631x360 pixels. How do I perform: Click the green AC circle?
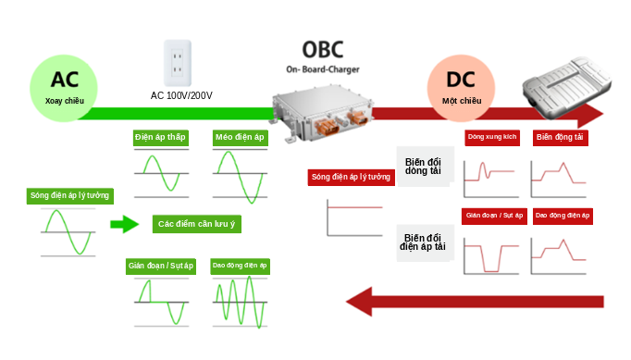64,88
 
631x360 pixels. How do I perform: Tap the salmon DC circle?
461,88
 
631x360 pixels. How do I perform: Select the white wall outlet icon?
178,63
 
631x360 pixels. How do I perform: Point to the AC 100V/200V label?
181,96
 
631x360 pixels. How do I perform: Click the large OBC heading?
323,50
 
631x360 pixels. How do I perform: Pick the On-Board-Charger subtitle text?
323,69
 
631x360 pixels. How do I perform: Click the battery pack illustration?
566,87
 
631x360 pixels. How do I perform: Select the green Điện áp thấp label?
161,138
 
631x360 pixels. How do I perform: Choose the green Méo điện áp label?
240,138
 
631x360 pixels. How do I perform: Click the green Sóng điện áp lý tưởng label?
70,196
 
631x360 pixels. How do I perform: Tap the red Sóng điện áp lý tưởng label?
351,177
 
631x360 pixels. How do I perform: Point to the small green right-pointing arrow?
124,224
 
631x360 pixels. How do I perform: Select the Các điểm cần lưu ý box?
197,224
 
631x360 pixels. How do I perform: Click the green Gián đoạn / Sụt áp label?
161,267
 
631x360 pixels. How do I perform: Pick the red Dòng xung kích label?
492,137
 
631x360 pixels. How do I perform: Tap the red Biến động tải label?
560,137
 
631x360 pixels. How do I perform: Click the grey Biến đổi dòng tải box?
426,167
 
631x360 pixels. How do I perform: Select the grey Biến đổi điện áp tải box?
426,242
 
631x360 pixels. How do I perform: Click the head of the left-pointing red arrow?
359,302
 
